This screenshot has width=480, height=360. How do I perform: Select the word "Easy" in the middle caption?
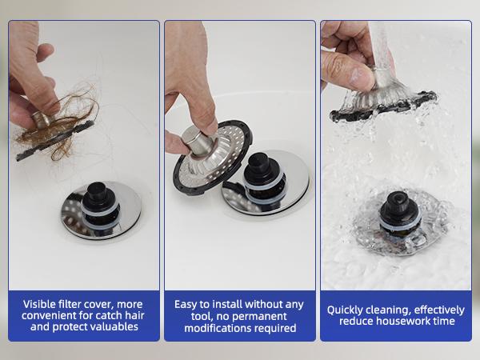click(x=188, y=303)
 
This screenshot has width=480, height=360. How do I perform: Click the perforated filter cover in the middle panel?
click(x=203, y=164)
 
